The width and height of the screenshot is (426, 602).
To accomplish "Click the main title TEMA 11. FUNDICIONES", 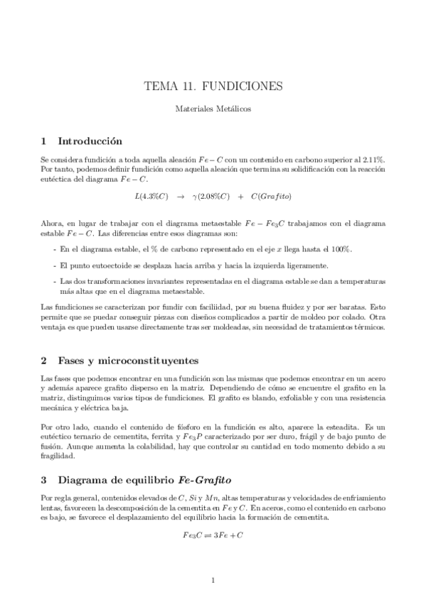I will click(213, 87).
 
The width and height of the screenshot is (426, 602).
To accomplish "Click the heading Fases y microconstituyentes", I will click(130, 361).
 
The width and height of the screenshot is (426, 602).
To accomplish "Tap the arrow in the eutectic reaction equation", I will click(181, 195).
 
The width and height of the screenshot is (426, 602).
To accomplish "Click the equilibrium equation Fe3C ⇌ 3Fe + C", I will click(213, 534).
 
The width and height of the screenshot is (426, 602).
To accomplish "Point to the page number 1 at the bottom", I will click(213, 580).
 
